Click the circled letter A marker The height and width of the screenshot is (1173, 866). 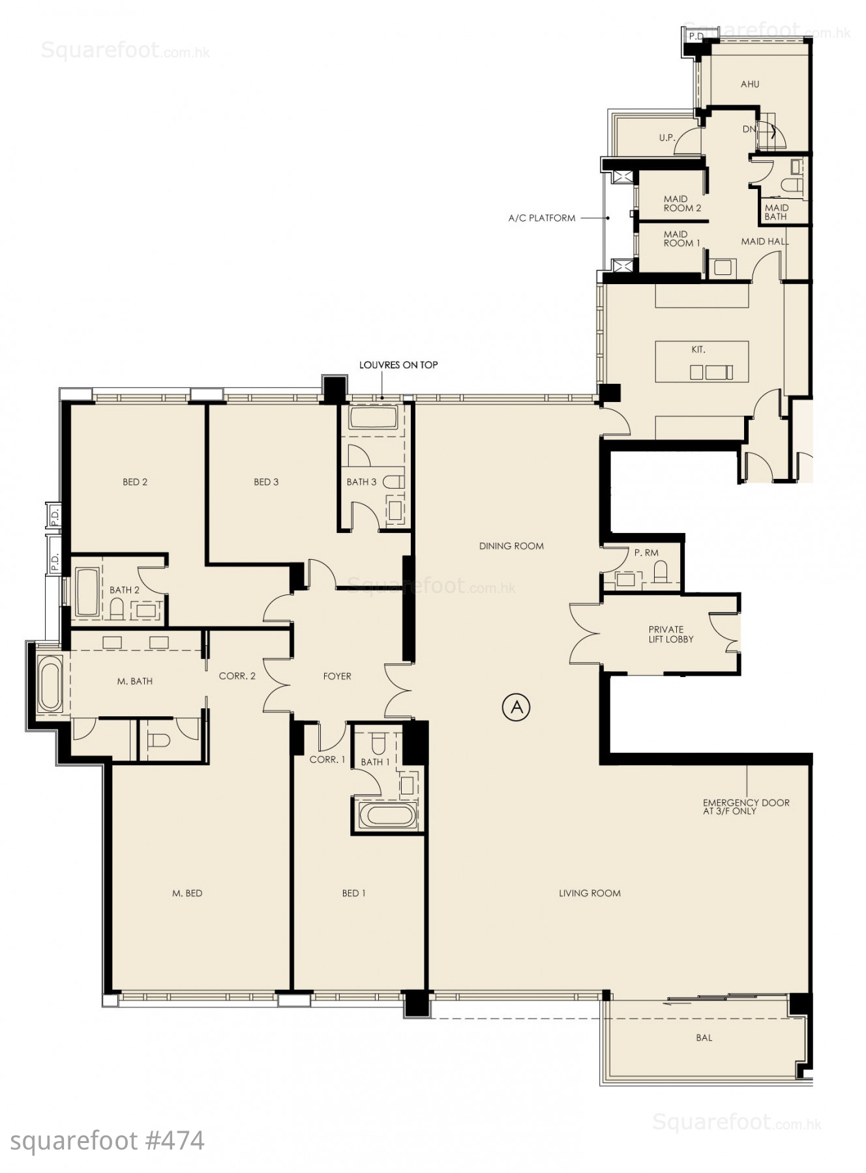point(516,707)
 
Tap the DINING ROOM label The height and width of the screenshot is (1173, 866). point(511,546)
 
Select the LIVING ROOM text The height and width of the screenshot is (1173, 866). point(590,893)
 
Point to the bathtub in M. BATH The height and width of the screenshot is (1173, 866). point(50,684)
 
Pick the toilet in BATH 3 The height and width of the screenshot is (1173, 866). point(393,482)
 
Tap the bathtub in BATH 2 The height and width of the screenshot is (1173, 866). point(87,592)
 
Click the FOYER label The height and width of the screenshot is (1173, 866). point(337,676)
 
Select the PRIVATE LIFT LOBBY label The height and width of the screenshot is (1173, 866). point(670,634)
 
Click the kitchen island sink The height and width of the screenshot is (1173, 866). point(711,372)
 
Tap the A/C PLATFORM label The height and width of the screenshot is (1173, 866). point(542,218)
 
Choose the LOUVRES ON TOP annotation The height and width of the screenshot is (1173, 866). point(398,365)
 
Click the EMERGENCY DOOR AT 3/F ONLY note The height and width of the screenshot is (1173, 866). point(746,807)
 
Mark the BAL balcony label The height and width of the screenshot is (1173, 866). point(704,1037)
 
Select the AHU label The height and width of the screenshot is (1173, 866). point(750,84)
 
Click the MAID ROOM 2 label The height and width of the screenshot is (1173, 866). point(682,203)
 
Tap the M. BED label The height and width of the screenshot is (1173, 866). point(187,893)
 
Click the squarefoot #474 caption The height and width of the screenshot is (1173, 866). point(108,1141)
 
